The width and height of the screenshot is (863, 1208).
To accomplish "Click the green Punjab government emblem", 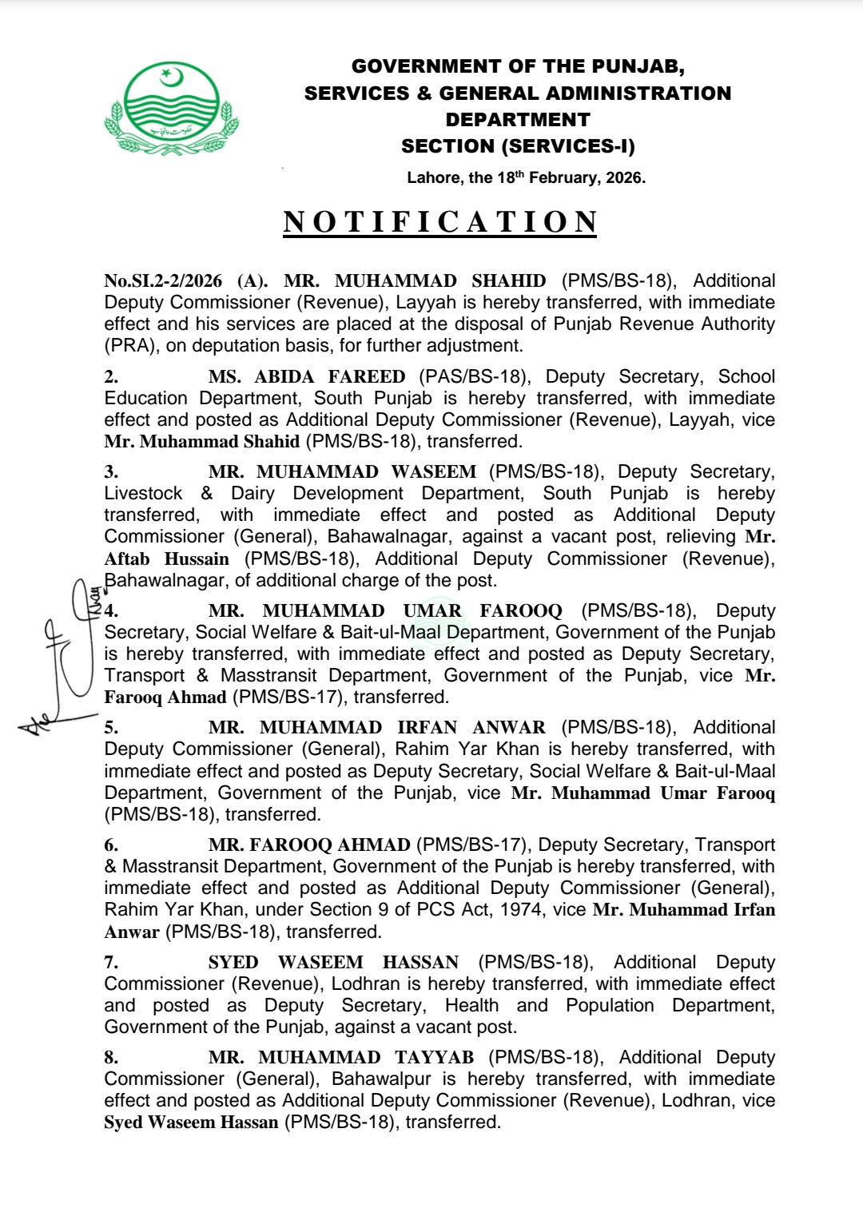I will click(171, 109).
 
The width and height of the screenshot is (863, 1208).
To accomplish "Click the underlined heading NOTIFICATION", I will click(440, 222).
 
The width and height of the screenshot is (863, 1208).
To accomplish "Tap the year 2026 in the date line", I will click(624, 177).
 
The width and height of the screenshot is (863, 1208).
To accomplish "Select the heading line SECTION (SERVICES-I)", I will click(518, 146).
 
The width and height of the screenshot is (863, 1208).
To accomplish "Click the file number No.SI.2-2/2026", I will click(163, 280).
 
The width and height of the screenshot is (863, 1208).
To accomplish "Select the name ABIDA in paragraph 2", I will click(284, 376).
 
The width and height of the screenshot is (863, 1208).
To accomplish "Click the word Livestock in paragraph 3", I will click(143, 494).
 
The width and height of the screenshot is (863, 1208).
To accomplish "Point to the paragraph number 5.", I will click(111, 728).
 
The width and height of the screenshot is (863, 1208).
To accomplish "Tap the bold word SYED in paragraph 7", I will click(233, 963).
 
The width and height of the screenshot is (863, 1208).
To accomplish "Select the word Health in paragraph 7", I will click(471, 1006).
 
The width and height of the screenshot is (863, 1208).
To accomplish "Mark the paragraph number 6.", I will click(111, 845).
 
